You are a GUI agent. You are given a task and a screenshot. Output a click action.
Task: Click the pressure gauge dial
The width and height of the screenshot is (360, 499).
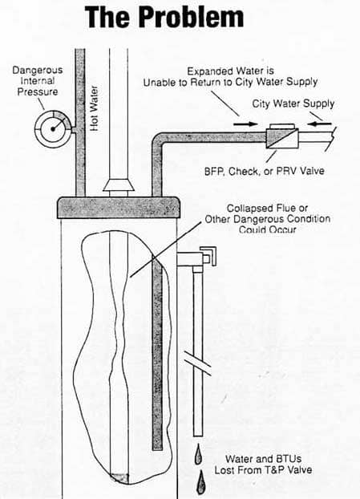click(x=53, y=129)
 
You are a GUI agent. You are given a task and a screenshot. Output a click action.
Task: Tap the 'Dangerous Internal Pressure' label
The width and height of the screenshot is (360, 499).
click(x=38, y=81)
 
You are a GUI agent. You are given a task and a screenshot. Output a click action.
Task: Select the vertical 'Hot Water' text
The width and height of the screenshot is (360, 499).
click(x=94, y=108)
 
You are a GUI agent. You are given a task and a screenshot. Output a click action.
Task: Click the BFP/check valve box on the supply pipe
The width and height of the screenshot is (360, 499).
click(x=282, y=136)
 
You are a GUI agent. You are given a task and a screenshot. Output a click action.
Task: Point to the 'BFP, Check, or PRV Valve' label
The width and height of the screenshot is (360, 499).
click(x=265, y=171)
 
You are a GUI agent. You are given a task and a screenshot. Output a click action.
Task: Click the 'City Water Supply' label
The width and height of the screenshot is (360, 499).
click(x=293, y=103)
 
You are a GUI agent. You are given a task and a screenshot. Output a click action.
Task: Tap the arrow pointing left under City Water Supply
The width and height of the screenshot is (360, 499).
click(x=320, y=124)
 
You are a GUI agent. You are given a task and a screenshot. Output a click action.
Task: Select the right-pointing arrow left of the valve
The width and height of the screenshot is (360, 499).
click(x=245, y=124)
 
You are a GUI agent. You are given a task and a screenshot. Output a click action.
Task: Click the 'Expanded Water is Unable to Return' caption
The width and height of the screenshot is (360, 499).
click(x=230, y=77)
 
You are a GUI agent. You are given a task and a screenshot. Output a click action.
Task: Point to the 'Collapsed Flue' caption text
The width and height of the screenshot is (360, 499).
click(x=268, y=219)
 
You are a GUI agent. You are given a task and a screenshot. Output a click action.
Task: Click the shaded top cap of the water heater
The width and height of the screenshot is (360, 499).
click(x=118, y=208)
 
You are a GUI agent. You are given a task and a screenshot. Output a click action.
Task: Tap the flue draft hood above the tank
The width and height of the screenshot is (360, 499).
click(x=119, y=187)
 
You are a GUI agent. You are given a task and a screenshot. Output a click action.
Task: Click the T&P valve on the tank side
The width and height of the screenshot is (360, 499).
click(x=196, y=258)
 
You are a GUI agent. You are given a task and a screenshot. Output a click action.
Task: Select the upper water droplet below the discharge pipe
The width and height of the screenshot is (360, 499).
click(x=199, y=454)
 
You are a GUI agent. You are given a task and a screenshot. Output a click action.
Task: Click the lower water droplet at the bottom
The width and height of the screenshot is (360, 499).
click(x=201, y=482)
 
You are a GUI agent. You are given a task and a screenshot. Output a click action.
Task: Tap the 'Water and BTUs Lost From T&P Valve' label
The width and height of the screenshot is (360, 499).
click(x=263, y=465)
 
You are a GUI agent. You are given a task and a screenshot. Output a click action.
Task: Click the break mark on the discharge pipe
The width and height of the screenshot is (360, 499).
click(x=198, y=362)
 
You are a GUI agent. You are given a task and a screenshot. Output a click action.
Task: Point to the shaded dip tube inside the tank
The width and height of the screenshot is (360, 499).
click(x=157, y=353)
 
